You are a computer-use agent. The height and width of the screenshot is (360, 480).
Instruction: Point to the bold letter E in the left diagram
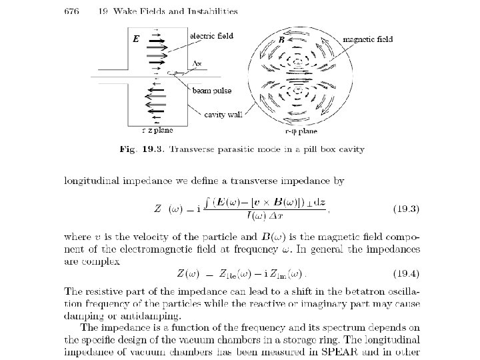(x=136, y=39)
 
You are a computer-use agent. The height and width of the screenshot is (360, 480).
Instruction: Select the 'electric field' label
(x=211, y=36)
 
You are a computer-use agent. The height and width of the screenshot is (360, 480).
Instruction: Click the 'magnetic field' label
(x=367, y=39)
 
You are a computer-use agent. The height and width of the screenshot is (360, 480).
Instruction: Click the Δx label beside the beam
(x=197, y=64)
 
